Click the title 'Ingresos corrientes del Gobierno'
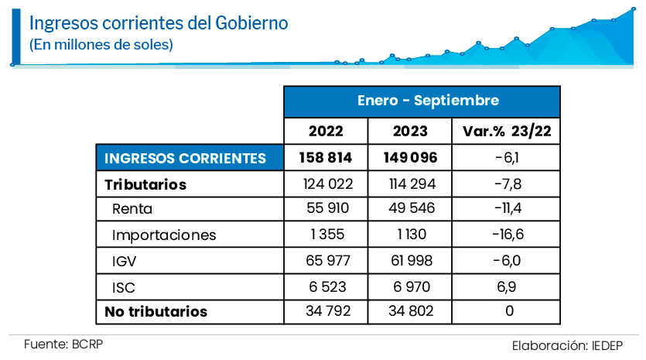tap(159, 23)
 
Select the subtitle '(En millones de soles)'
tap(101, 45)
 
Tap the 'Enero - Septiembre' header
tap(422, 101)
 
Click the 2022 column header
tap(326, 131)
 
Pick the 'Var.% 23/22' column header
tap(506, 131)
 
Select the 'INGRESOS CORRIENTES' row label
tap(185, 158)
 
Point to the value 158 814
tap(326, 158)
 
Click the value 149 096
tap(411, 158)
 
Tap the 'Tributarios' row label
tap(145, 184)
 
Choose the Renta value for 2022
tap(326, 209)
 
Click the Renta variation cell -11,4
tap(506, 209)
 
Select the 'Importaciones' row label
tap(164, 235)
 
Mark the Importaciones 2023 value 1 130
tap(411, 235)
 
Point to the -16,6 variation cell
tap(506, 235)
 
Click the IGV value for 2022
tap(326, 261)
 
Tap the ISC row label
tap(125, 287)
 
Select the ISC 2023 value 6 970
tap(411, 287)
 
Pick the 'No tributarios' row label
tap(156, 312)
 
